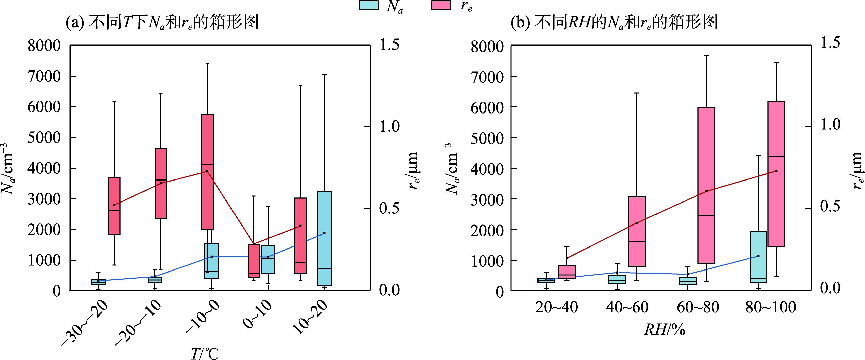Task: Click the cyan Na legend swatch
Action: tap(368, 5)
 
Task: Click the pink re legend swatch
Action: tap(441, 5)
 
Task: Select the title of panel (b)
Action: tap(614, 22)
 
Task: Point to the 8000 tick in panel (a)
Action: tap(44, 46)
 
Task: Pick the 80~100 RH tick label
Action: tap(771, 307)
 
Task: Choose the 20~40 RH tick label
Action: tap(556, 307)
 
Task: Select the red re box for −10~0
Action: tap(207, 172)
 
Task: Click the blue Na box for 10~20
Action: tap(324, 238)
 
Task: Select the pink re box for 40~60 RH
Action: tap(637, 231)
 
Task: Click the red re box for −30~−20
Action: tap(114, 206)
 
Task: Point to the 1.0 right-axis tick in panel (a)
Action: tap(389, 127)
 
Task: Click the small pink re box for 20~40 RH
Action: tap(567, 272)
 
